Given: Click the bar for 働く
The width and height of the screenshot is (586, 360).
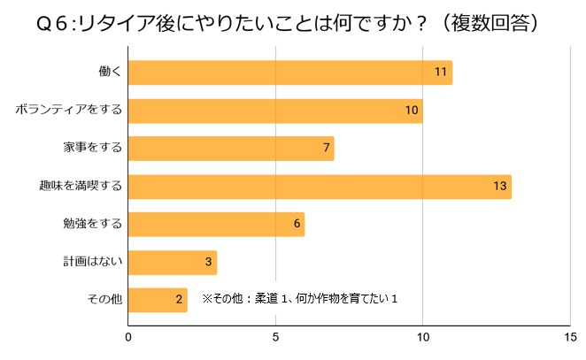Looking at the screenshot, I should (290, 73).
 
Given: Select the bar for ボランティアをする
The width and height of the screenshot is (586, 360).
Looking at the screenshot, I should (275, 111).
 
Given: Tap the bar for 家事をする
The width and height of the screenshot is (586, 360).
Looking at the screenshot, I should (231, 148).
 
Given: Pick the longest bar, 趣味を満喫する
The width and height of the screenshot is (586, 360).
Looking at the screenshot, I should (320, 187).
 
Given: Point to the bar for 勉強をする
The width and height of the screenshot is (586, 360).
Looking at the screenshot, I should (217, 225).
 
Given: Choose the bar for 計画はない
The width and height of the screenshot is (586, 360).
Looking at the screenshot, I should (173, 263).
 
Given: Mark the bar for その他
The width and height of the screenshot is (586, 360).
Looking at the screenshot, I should (158, 300).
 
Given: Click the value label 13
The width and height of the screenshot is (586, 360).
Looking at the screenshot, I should (500, 187).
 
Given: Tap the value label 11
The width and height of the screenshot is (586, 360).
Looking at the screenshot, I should (441, 73).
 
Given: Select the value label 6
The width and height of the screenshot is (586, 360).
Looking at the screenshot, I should (297, 225).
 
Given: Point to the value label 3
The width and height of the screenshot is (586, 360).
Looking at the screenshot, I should (208, 263).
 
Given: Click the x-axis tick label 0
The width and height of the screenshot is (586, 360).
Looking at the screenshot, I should (129, 336).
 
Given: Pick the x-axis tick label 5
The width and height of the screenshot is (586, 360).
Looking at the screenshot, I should (276, 336).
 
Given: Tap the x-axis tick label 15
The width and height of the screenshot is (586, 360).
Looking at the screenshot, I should (570, 336).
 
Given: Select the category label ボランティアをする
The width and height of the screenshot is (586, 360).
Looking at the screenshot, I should (68, 111).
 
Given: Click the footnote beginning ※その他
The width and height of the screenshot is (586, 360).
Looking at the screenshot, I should (300, 299).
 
